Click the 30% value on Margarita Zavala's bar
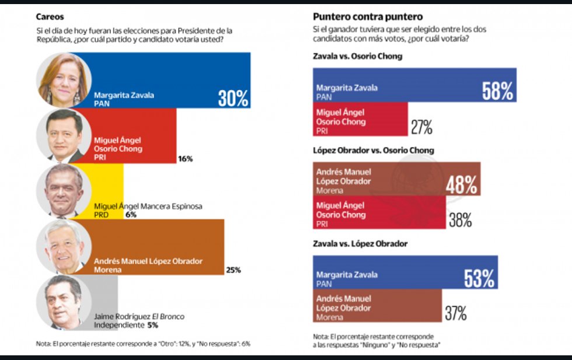click(x=233, y=98)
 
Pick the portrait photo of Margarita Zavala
click(x=62, y=79)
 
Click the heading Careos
click(x=50, y=17)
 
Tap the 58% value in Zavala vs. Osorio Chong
click(x=497, y=90)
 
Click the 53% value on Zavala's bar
click(x=479, y=278)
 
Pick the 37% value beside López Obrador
click(x=455, y=313)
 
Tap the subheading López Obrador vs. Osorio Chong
click(x=374, y=151)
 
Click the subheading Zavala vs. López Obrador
click(x=360, y=243)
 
